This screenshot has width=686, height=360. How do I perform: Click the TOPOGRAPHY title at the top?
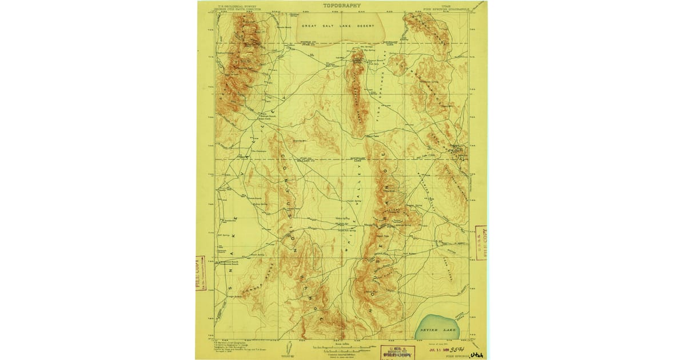pos(342,6)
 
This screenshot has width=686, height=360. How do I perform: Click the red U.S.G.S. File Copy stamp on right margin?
pos(480,242)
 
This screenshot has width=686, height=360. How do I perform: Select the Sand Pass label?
pos(372,136)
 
